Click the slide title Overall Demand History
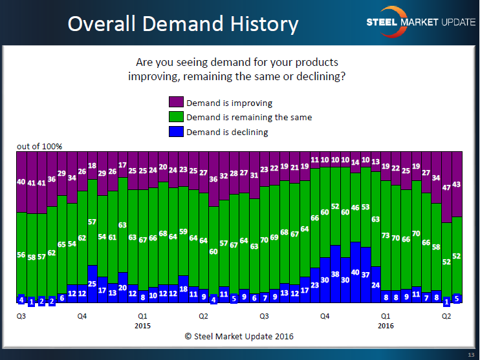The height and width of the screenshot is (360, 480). (183, 24)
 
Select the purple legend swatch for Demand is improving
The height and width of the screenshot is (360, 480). (176, 103)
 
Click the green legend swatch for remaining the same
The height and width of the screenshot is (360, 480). (176, 117)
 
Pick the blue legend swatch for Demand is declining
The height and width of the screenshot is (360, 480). (176, 131)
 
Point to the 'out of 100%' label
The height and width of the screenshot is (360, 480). (39, 147)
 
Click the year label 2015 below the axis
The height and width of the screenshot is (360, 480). (143, 326)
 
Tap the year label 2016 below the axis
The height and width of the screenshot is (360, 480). (386, 326)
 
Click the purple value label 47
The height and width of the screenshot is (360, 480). (446, 187)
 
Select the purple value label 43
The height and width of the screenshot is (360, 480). (457, 184)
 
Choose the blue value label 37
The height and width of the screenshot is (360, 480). (365, 275)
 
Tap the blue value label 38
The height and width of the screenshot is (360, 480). (335, 273)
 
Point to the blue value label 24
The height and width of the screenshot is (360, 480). (376, 284)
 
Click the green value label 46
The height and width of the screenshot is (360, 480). (355, 208)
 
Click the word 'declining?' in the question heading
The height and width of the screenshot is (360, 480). (321, 76)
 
